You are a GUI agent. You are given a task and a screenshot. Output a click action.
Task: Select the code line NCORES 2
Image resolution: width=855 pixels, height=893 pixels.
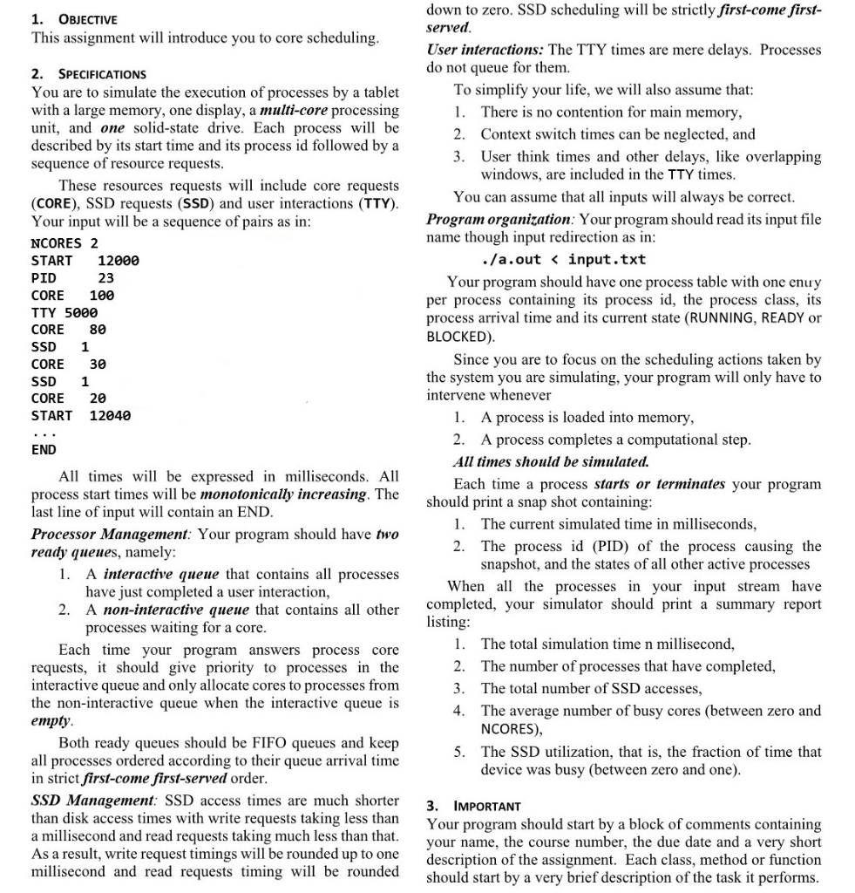[x=64, y=243]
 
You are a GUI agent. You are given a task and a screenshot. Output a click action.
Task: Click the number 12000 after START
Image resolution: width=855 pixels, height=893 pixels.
[x=118, y=261]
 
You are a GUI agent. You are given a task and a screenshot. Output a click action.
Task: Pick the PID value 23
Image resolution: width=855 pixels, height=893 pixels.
[x=105, y=278]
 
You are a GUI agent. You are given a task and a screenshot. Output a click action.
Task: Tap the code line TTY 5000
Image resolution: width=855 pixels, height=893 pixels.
[x=64, y=312]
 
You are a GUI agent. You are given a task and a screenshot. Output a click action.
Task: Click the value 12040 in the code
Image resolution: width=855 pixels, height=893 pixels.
[x=110, y=416]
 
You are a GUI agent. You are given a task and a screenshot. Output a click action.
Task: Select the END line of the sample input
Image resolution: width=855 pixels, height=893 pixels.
[x=44, y=450]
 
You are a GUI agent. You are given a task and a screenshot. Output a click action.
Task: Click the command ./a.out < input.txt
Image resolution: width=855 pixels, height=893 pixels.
[x=563, y=260]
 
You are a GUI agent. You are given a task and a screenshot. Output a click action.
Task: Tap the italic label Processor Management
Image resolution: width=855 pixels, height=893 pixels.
[x=110, y=534]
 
